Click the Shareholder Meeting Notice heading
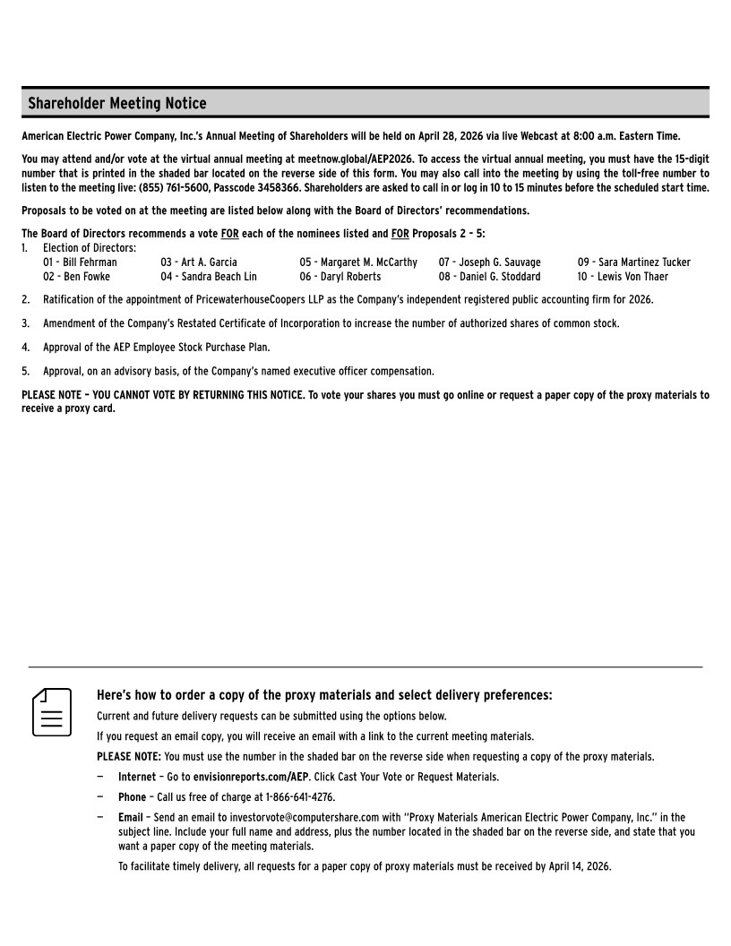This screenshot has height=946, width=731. click(x=116, y=104)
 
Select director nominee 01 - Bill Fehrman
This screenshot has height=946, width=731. click(x=80, y=262)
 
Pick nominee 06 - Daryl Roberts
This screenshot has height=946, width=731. click(x=340, y=277)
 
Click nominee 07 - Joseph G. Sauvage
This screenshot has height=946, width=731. click(x=489, y=262)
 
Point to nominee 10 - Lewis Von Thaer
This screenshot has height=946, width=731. click(x=623, y=277)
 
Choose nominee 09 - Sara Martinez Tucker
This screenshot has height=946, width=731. click(x=633, y=262)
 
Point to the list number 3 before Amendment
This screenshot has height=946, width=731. click(x=26, y=323)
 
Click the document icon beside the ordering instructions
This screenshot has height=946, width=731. click(x=52, y=712)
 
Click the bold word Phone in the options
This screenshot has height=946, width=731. click(x=132, y=797)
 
